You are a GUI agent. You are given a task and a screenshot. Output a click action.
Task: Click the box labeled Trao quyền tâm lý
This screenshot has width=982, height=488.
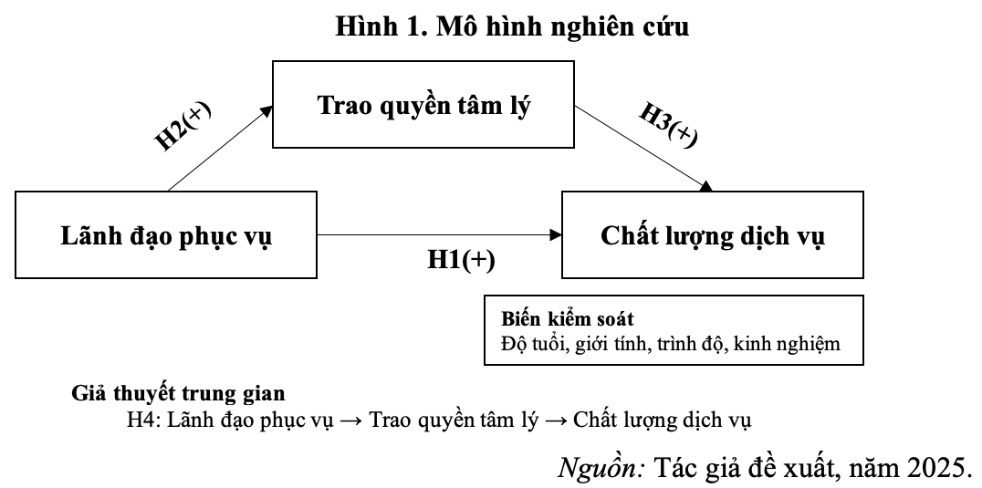423,104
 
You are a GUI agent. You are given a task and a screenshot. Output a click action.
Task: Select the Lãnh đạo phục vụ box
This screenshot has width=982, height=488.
166,235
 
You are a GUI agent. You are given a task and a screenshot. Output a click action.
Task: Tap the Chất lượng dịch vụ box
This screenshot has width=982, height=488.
712,235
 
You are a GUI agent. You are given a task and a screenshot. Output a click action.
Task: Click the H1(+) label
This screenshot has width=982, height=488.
461,261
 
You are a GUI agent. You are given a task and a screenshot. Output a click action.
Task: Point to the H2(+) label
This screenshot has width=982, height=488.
183,126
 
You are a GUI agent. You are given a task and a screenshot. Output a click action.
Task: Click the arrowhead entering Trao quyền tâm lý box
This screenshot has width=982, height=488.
266,109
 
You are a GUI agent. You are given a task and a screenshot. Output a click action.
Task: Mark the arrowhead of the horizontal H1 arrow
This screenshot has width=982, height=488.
555,235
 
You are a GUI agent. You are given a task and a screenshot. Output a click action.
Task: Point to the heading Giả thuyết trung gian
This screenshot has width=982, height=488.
178,394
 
